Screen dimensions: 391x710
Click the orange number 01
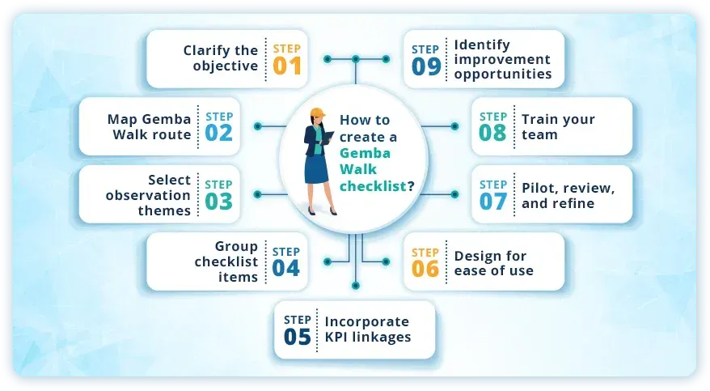pyautogui.click(x=286, y=66)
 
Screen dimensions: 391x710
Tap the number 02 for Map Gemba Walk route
pyautogui.click(x=218, y=133)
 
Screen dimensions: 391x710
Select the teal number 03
pyautogui.click(x=218, y=202)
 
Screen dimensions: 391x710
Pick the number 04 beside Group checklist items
pyautogui.click(x=286, y=268)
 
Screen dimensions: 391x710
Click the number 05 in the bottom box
pyautogui.click(x=298, y=337)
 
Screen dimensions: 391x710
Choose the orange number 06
pyautogui.click(x=425, y=268)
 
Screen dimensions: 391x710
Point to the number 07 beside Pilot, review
pyautogui.click(x=493, y=202)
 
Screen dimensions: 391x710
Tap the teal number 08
pyautogui.click(x=493, y=133)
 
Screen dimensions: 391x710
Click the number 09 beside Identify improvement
pyautogui.click(x=425, y=66)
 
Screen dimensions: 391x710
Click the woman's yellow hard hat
pyautogui.click(x=317, y=113)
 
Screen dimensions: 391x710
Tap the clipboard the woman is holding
pyautogui.click(x=328, y=138)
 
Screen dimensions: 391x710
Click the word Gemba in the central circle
pyautogui.click(x=361, y=153)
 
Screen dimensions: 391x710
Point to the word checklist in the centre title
pyautogui.click(x=372, y=187)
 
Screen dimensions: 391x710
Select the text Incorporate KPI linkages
pyautogui.click(x=367, y=329)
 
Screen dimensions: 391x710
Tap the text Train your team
pyautogui.click(x=558, y=126)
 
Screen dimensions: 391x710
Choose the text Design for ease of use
pyautogui.click(x=493, y=263)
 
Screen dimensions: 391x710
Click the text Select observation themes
pyautogui.click(x=148, y=195)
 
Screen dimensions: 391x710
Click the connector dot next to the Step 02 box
pyautogui.click(x=257, y=126)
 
